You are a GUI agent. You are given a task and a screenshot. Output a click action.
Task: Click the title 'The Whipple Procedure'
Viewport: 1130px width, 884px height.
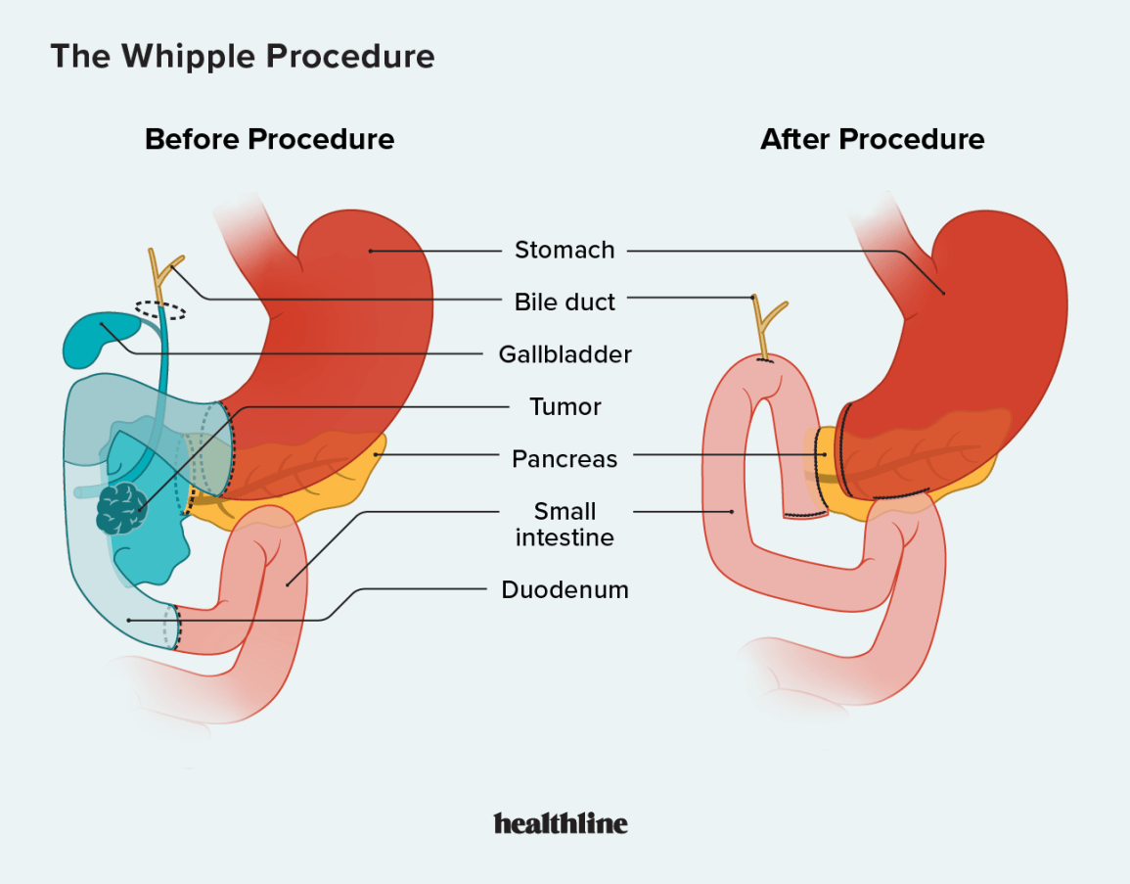(243, 56)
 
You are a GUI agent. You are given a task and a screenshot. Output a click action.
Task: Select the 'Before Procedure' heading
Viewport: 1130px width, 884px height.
(269, 139)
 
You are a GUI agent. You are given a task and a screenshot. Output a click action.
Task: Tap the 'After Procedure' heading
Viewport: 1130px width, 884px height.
(872, 139)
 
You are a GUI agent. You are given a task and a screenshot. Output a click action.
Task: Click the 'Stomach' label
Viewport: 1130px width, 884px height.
(565, 251)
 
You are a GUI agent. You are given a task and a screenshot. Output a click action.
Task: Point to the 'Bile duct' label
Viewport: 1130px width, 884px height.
(565, 302)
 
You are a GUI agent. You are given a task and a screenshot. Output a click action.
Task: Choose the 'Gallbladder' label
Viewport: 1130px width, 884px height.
(565, 354)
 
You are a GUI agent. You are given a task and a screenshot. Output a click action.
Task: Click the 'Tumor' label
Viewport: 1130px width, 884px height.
(565, 406)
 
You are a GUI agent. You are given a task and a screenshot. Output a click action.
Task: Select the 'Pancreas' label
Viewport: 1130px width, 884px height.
(565, 458)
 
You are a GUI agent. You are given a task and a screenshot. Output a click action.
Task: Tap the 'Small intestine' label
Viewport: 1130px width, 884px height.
(565, 524)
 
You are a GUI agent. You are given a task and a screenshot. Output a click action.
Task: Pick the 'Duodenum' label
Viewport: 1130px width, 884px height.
(565, 590)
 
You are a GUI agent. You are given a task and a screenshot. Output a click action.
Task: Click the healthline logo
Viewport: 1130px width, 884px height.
(561, 823)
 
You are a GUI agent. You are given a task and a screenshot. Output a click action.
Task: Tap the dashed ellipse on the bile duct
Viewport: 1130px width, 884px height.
(160, 310)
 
